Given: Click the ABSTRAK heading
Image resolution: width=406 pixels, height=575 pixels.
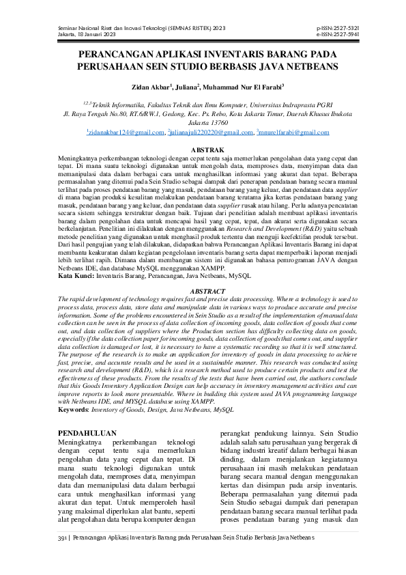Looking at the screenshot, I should pos(203,148).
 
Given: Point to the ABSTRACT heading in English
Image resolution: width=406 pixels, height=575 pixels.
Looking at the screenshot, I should pos(203,290).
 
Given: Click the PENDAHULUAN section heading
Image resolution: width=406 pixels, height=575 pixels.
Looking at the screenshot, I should pos(87,433).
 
